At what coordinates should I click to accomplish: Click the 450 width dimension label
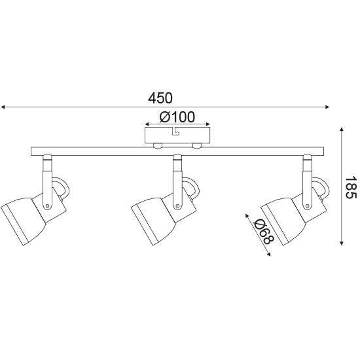(x=160, y=98)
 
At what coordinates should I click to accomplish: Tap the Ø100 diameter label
(x=177, y=117)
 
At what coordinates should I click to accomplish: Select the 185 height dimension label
(x=351, y=187)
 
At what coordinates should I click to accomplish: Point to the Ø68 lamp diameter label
(x=263, y=231)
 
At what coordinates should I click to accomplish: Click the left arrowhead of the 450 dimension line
(x=3, y=107)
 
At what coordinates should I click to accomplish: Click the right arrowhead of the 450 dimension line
(x=327, y=107)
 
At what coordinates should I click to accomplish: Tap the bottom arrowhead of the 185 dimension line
(x=342, y=243)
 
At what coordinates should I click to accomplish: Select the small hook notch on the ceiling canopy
(x=175, y=132)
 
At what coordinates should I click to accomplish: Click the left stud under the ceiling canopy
(x=158, y=145)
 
